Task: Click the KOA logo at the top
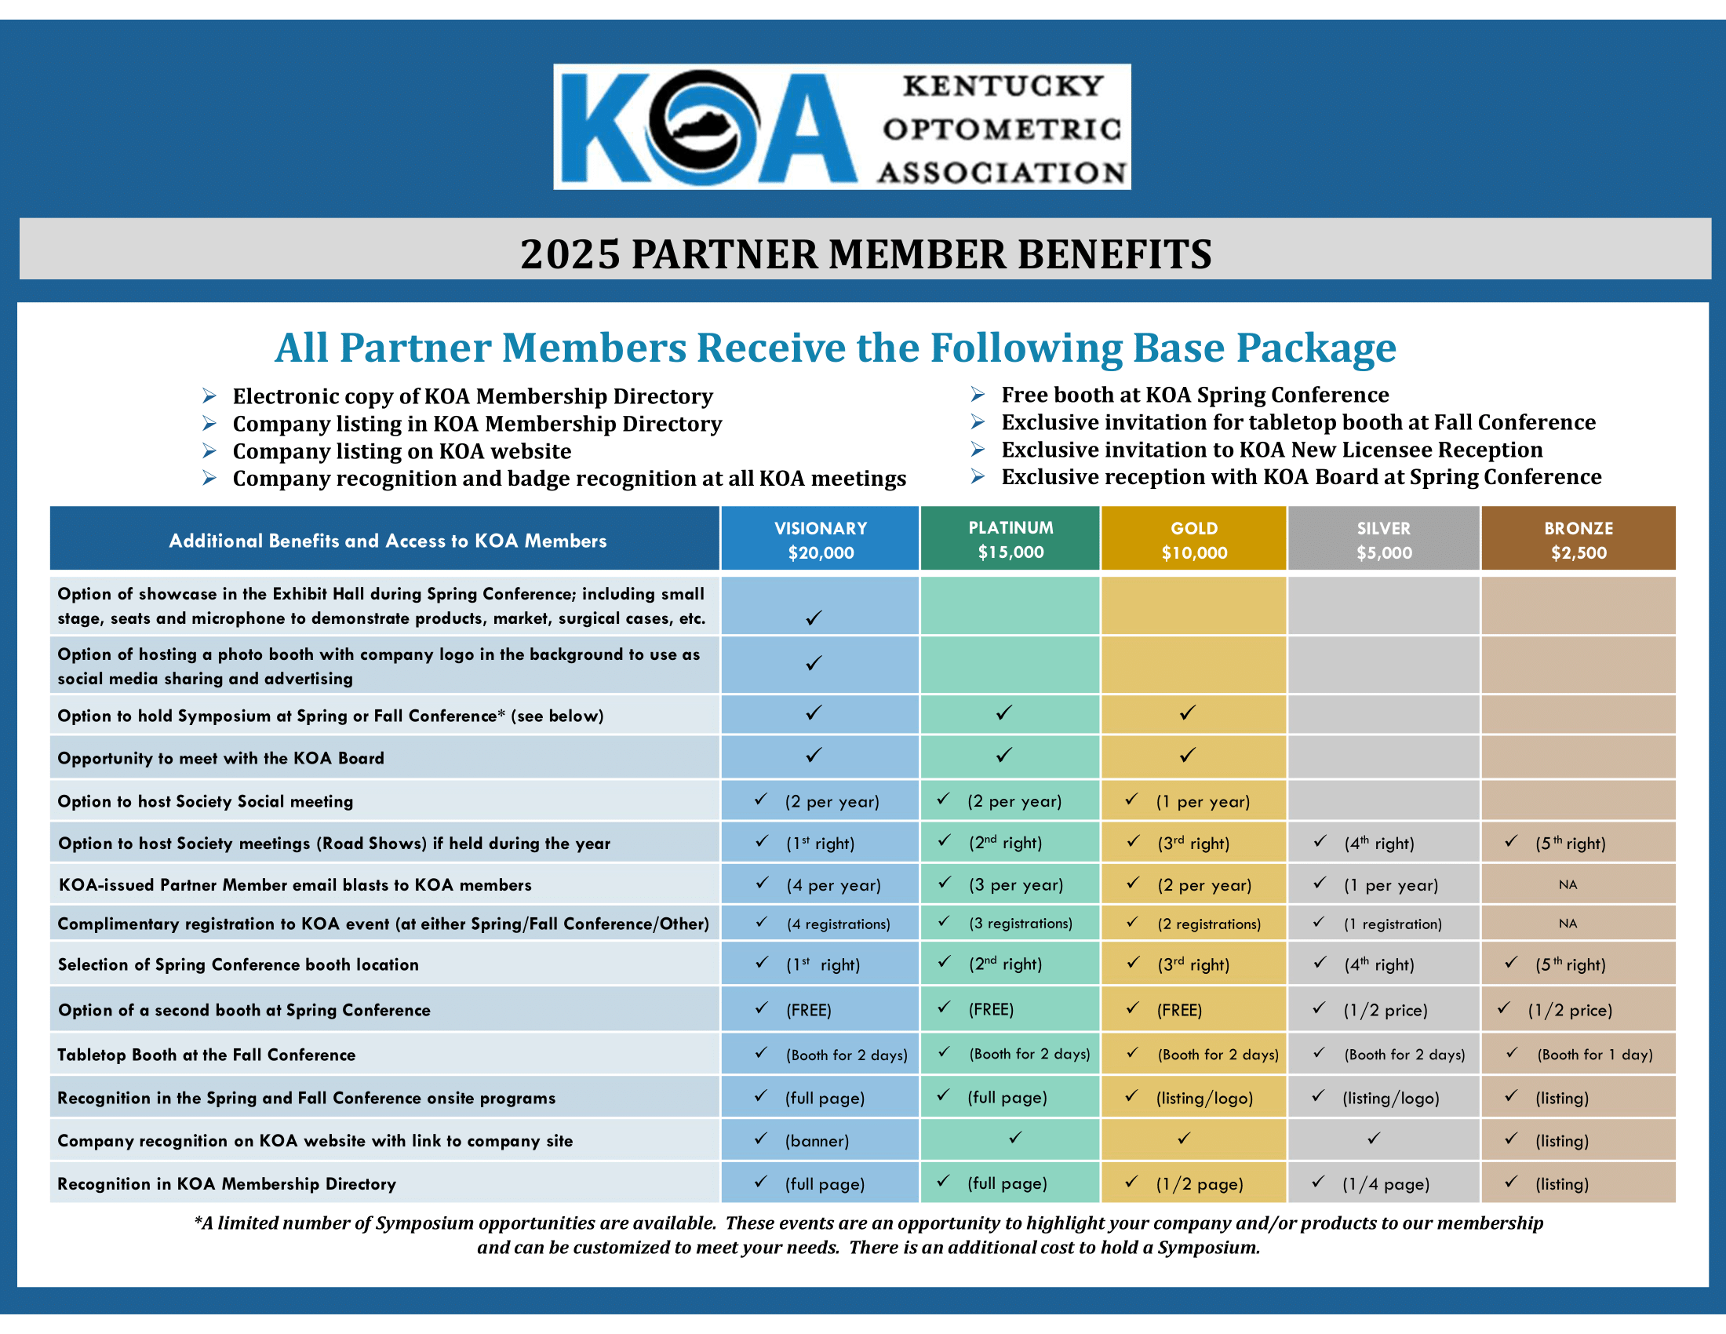[841, 126]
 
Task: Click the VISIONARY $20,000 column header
[820, 540]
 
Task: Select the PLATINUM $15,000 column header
[1010, 539]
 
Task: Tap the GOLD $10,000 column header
[1193, 540]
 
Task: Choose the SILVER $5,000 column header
[1383, 540]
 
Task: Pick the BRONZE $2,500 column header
[1579, 540]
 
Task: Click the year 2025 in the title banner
[570, 254]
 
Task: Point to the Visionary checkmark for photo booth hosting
[814, 663]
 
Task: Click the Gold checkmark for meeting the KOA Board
[1187, 756]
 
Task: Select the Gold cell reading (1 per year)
[1202, 801]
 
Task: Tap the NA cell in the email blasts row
[1568, 884]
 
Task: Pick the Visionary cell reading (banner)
[817, 1140]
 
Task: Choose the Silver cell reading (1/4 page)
[1386, 1184]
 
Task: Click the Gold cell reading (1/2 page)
[1199, 1184]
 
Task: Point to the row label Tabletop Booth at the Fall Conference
[206, 1054]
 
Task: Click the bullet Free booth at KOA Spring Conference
[1194, 395]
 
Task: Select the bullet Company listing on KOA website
[402, 451]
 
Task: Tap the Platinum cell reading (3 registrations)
[1020, 923]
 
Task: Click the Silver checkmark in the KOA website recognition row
[1374, 1138]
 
